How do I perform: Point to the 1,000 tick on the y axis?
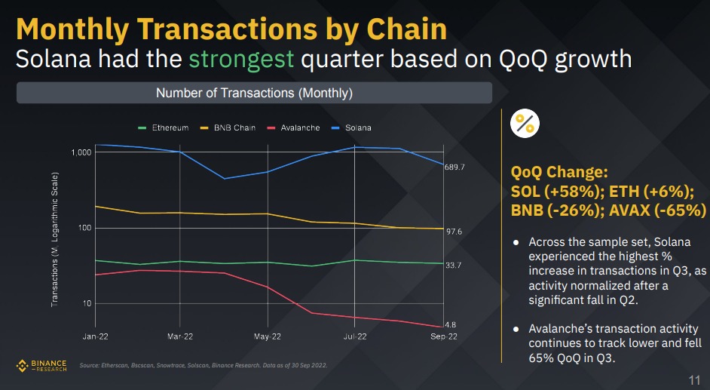(x=81, y=152)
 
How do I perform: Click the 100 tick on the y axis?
(x=84, y=228)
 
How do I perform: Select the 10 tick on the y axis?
(x=86, y=303)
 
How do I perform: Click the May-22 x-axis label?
(x=268, y=336)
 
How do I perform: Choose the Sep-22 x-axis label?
(x=442, y=336)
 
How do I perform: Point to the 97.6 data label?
(x=454, y=232)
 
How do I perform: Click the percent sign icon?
(x=525, y=124)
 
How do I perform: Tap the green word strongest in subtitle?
(x=240, y=59)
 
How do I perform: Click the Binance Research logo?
(x=42, y=366)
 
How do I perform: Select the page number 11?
(x=695, y=379)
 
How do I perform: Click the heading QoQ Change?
(x=559, y=172)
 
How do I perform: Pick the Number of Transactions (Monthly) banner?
(x=254, y=94)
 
